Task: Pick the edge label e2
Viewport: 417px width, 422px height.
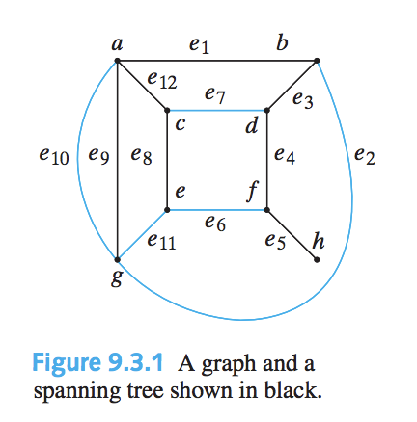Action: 365,157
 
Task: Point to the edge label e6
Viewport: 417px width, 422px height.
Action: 215,222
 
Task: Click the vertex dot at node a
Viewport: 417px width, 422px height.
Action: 117,60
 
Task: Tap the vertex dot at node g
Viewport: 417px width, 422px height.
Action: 117,260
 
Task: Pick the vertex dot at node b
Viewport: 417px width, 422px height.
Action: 318,60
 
